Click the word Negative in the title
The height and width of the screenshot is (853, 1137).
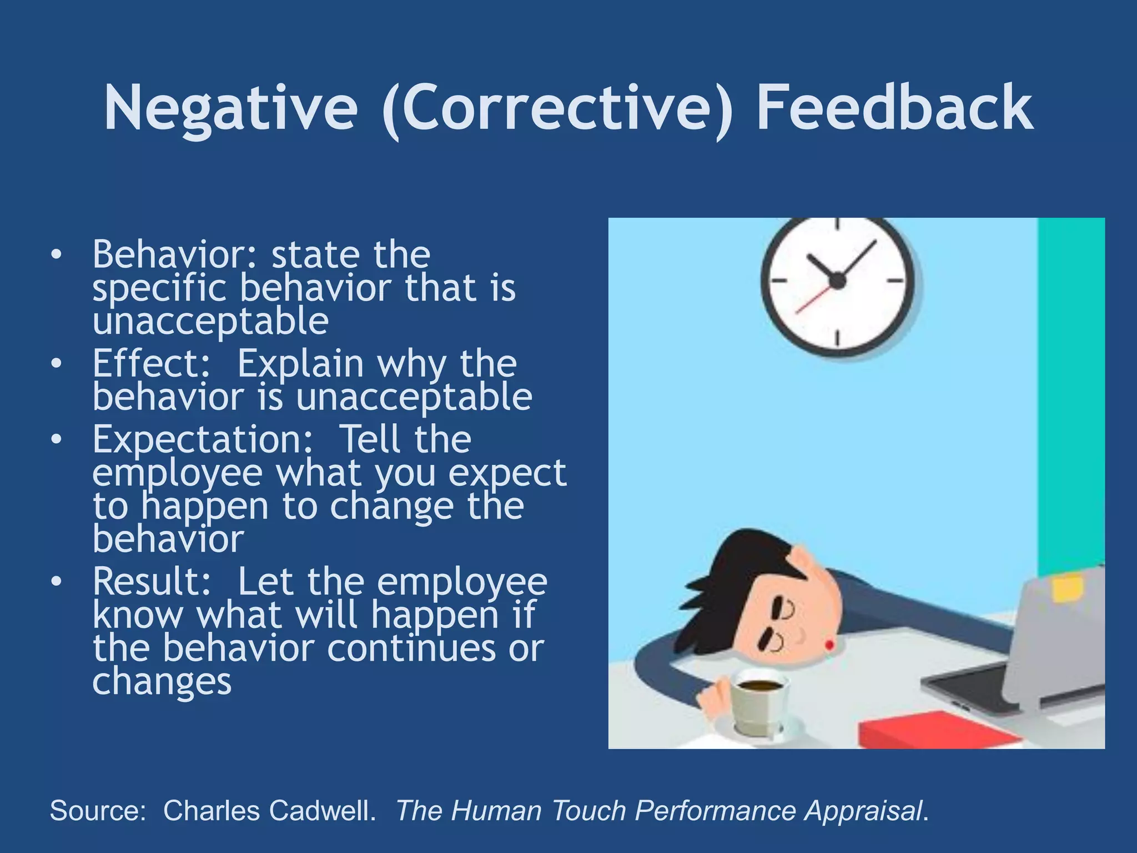[x=230, y=108]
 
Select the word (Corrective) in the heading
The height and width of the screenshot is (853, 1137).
[x=557, y=108]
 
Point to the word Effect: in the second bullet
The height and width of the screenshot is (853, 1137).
[x=152, y=364]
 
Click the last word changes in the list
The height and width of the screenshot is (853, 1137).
[x=162, y=682]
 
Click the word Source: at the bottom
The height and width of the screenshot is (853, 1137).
[x=98, y=810]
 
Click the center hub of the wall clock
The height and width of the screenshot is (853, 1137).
[x=837, y=281]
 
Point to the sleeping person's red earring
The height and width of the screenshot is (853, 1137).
[x=830, y=645]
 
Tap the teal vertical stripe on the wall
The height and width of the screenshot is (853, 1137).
[x=1071, y=389]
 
